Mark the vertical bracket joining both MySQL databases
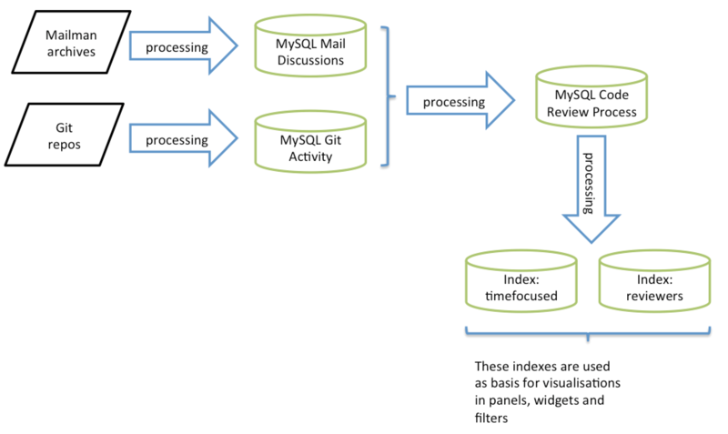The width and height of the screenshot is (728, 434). [x=389, y=96]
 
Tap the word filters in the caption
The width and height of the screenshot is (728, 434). [x=492, y=418]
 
